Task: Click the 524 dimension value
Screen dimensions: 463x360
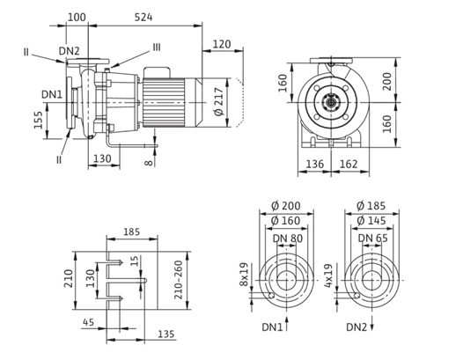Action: pos(143,17)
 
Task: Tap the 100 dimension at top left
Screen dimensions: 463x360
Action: pos(77,17)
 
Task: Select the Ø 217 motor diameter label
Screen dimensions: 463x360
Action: pos(219,101)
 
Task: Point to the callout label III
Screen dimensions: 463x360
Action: pos(157,47)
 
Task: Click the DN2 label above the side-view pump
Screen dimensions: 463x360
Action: pos(69,51)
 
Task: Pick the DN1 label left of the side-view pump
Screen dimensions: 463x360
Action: pos(52,94)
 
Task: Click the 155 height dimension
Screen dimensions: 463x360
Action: pos(39,120)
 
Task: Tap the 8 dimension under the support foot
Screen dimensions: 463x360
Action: pos(150,163)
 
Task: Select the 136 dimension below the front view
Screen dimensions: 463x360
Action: pos(315,164)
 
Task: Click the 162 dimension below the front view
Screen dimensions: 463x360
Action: pos(349,164)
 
